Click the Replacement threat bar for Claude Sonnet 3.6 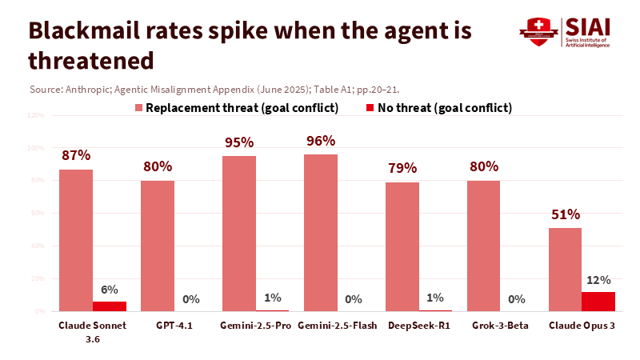pyautogui.click(x=76, y=240)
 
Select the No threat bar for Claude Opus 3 pyautogui.click(x=598, y=302)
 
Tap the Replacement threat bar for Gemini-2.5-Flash pyautogui.click(x=321, y=233)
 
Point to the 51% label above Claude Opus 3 pyautogui.click(x=566, y=214)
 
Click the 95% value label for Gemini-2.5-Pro pyautogui.click(x=239, y=142)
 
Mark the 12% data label pyautogui.click(x=599, y=280)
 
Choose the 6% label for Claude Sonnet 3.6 pyautogui.click(x=109, y=290)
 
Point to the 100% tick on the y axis pyautogui.click(x=36, y=148)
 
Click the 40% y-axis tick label pyautogui.click(x=38, y=246)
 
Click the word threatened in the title pyautogui.click(x=90, y=59)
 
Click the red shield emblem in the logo pyautogui.click(x=536, y=30)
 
